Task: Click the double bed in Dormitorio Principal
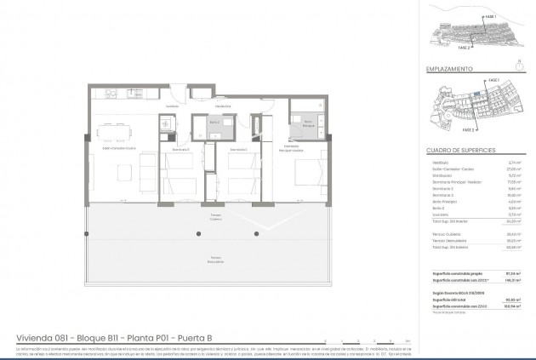tap(307, 175)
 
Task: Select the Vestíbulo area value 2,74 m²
tap(515, 162)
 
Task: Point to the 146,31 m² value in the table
tap(513, 279)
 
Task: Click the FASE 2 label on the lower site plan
tap(466, 130)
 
